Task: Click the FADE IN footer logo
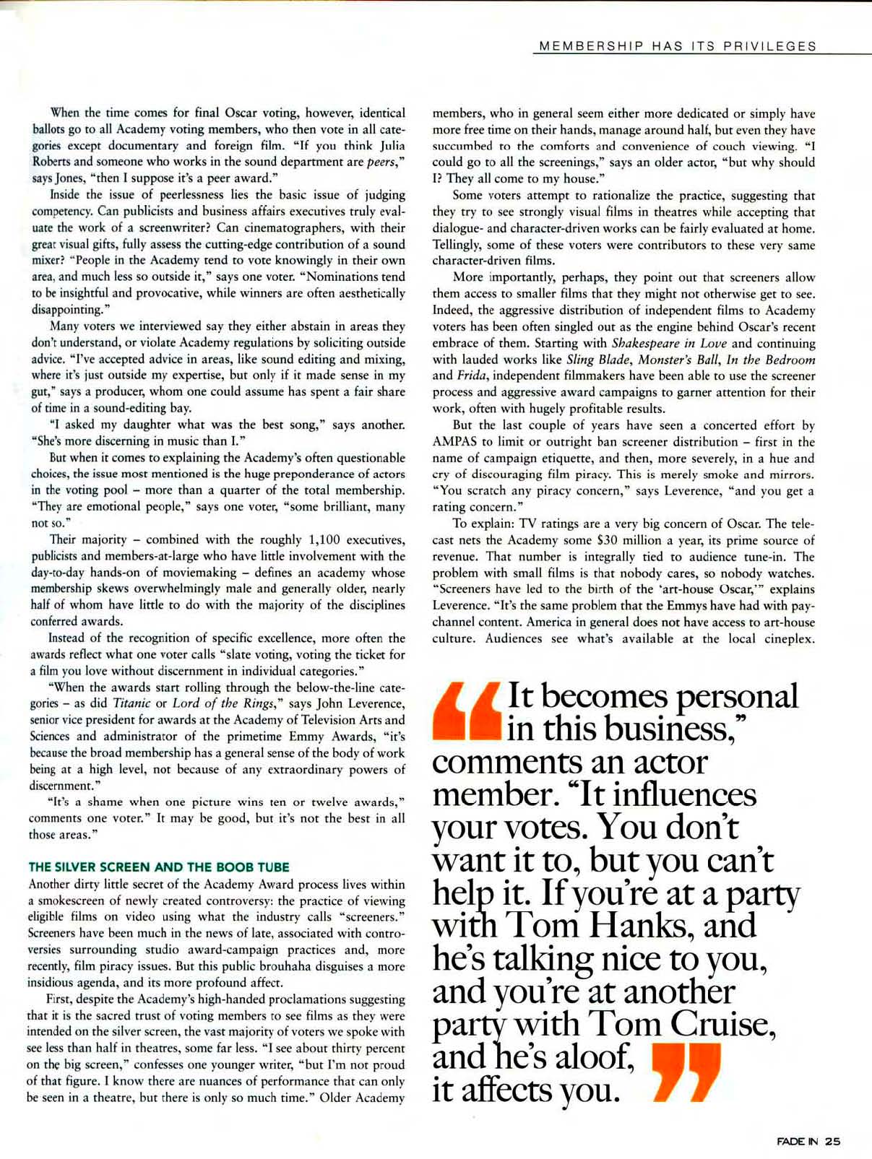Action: (798, 1142)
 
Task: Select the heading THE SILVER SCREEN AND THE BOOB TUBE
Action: (159, 867)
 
